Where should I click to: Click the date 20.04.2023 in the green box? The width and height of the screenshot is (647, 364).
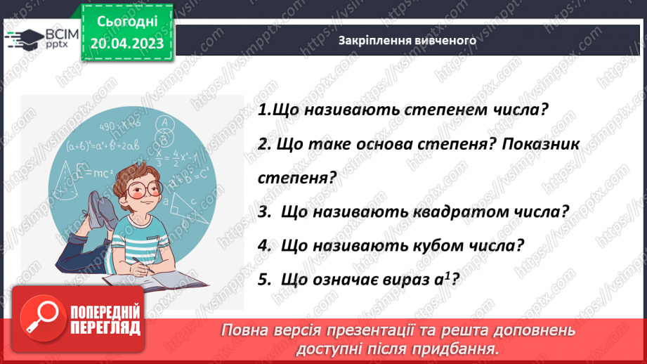coord(126,43)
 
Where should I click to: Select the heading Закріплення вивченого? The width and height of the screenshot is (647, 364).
coord(407,40)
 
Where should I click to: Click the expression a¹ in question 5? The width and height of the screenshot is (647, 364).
coord(443,278)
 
